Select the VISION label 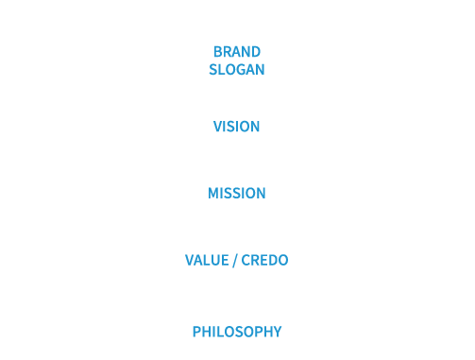point(237,127)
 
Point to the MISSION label point(237,194)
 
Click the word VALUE point(207,261)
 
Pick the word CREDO point(266,261)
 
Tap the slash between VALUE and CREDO point(236,261)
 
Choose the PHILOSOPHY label point(237,332)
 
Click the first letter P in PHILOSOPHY point(196,332)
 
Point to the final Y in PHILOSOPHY point(278,332)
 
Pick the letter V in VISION point(216,127)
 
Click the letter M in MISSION point(212,194)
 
